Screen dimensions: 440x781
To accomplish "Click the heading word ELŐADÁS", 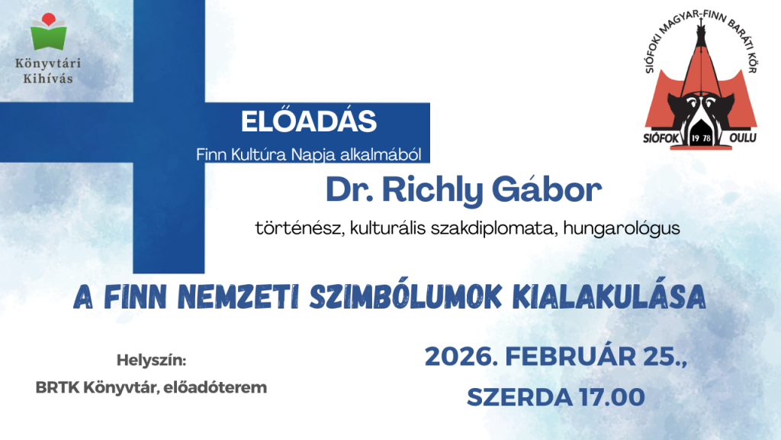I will pos(309,121).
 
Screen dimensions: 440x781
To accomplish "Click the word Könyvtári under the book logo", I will pos(49,63).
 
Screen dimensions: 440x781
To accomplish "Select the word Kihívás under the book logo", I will pos(49,78).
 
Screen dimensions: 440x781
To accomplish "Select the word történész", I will pos(301,228).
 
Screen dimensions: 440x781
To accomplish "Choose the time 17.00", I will pos(609,397).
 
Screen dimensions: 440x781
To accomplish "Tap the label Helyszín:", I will pos(151,359).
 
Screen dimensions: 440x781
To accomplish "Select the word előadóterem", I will pos(223,387).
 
